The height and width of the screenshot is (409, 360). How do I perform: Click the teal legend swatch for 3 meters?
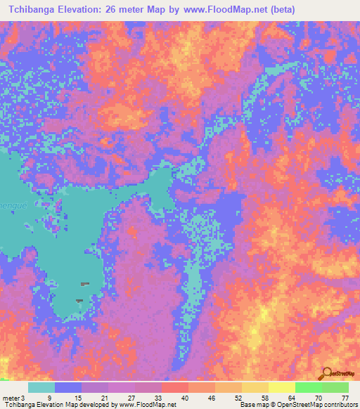pyautogui.click(x=41, y=387)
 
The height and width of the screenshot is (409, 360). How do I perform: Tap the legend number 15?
pyautogui.click(x=77, y=397)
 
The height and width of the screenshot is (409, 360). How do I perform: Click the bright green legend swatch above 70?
pyautogui.click(x=308, y=387)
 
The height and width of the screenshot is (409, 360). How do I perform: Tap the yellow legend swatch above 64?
pyautogui.click(x=281, y=387)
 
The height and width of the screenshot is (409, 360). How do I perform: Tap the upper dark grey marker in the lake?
pyautogui.click(x=85, y=284)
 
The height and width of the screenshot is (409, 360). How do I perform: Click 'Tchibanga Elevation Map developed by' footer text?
pyautogui.click(x=47, y=405)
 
